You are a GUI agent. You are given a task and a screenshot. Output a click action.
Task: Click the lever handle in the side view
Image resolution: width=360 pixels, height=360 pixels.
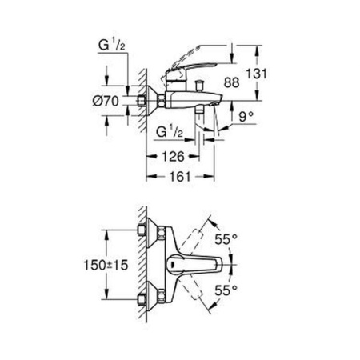[x=192, y=65]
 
